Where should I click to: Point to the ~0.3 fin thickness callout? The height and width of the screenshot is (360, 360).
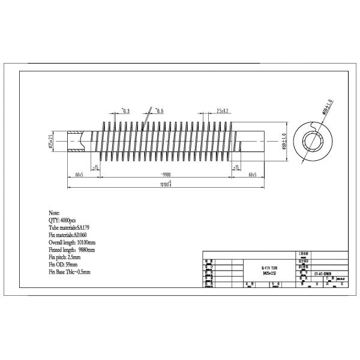pos(126,111)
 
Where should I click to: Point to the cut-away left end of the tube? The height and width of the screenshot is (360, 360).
pos(75,143)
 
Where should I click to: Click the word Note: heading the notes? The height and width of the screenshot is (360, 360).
pos(55,213)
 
